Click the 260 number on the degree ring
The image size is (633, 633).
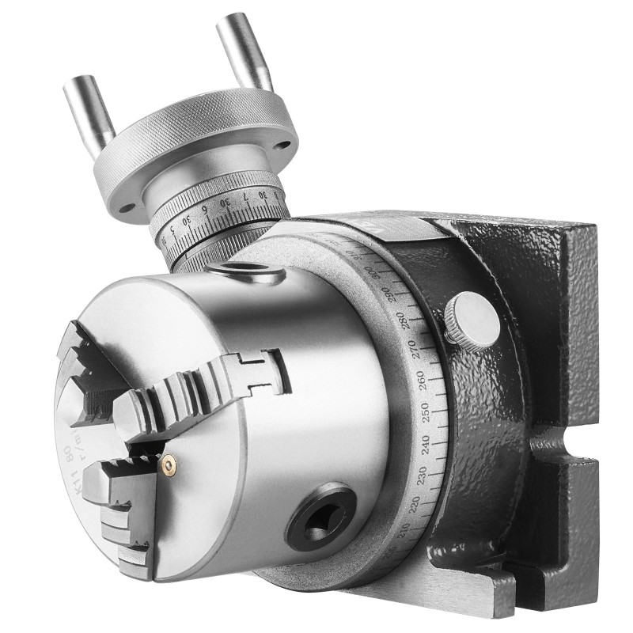tap(424, 380)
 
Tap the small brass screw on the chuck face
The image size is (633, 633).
tap(168, 467)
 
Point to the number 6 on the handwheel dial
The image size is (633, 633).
tap(204, 212)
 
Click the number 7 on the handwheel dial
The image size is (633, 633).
tap(246, 195)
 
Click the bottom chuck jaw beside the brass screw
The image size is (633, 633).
tap(119, 506)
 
